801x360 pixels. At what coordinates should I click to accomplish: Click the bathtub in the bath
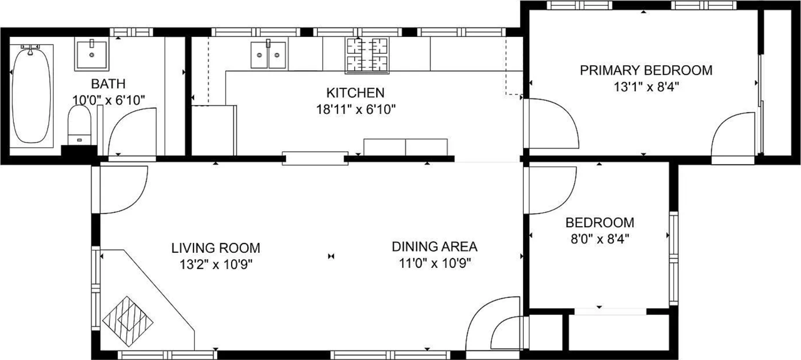coord(31,94)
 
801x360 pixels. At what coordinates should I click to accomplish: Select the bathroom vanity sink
coord(92,54)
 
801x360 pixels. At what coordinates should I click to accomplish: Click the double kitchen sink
coord(268,54)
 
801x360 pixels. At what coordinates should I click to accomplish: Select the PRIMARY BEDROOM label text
coord(646,70)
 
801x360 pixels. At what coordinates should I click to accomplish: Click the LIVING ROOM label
coord(215,248)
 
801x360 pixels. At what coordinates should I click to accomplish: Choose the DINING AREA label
coord(434,247)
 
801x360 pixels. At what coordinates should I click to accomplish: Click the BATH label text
coord(108,84)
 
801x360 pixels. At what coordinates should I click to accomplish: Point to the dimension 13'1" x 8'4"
coord(646,86)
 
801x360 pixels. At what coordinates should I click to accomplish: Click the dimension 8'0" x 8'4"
coord(599,239)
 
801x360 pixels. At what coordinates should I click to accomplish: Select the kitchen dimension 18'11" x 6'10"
coord(356,109)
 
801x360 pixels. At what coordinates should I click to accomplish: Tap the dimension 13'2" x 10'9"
coord(215,264)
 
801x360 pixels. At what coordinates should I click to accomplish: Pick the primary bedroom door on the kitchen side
coord(551,124)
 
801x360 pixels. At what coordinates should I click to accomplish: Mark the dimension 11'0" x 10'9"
coord(434,263)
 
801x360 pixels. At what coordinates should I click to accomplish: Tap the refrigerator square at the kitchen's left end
coord(213,130)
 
